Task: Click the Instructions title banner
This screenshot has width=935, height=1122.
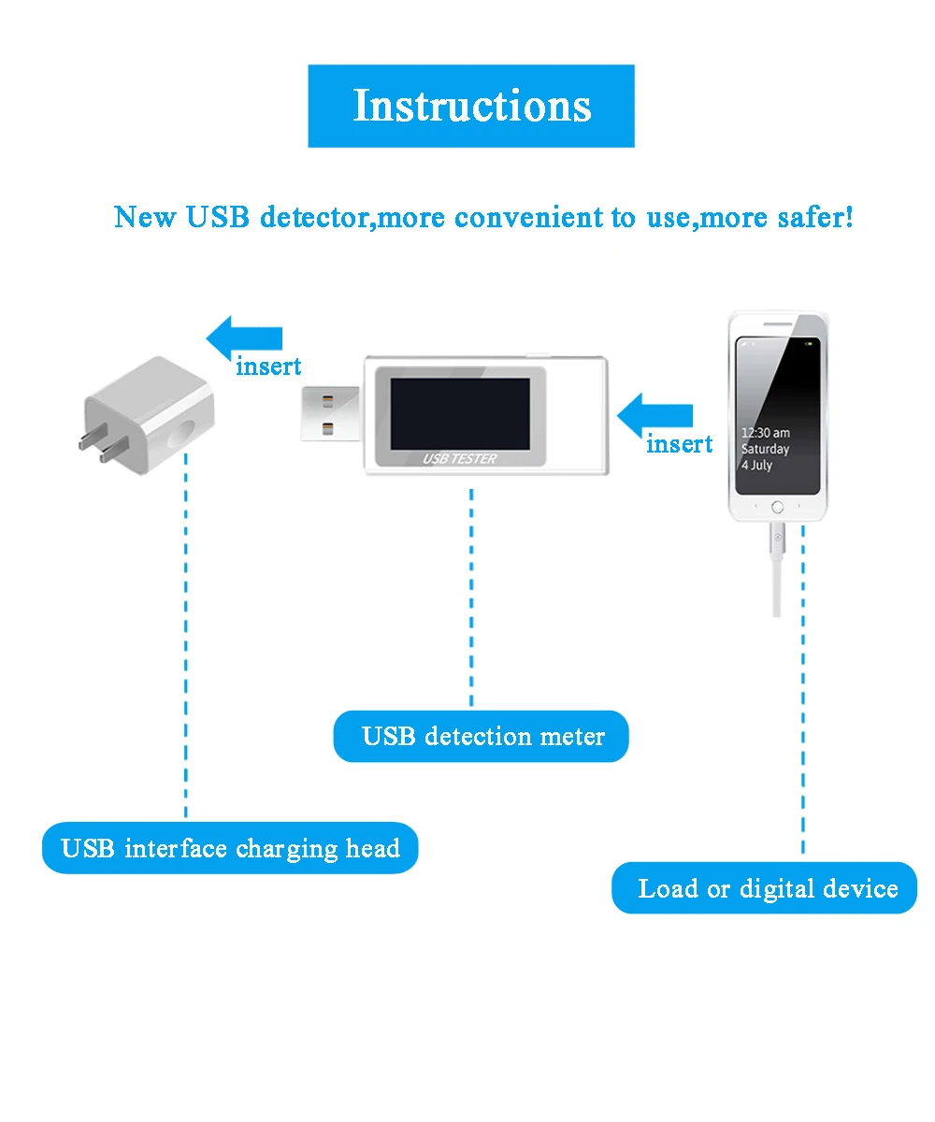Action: [x=471, y=106]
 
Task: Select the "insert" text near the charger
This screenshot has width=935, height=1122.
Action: [x=268, y=367]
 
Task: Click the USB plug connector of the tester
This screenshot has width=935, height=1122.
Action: [x=331, y=413]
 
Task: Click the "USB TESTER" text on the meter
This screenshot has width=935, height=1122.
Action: [x=460, y=458]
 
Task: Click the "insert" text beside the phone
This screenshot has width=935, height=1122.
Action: [x=679, y=444]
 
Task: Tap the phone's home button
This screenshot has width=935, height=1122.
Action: [x=777, y=507]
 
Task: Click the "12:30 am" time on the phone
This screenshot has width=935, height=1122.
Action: [x=765, y=433]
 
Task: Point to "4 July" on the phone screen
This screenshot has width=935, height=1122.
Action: [x=756, y=466]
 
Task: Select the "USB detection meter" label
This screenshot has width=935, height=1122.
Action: [x=482, y=737]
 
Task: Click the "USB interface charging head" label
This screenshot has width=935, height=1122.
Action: [x=230, y=849]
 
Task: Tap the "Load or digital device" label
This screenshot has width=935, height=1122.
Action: [x=765, y=888]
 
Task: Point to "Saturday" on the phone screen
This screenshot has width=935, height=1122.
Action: [x=765, y=450]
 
